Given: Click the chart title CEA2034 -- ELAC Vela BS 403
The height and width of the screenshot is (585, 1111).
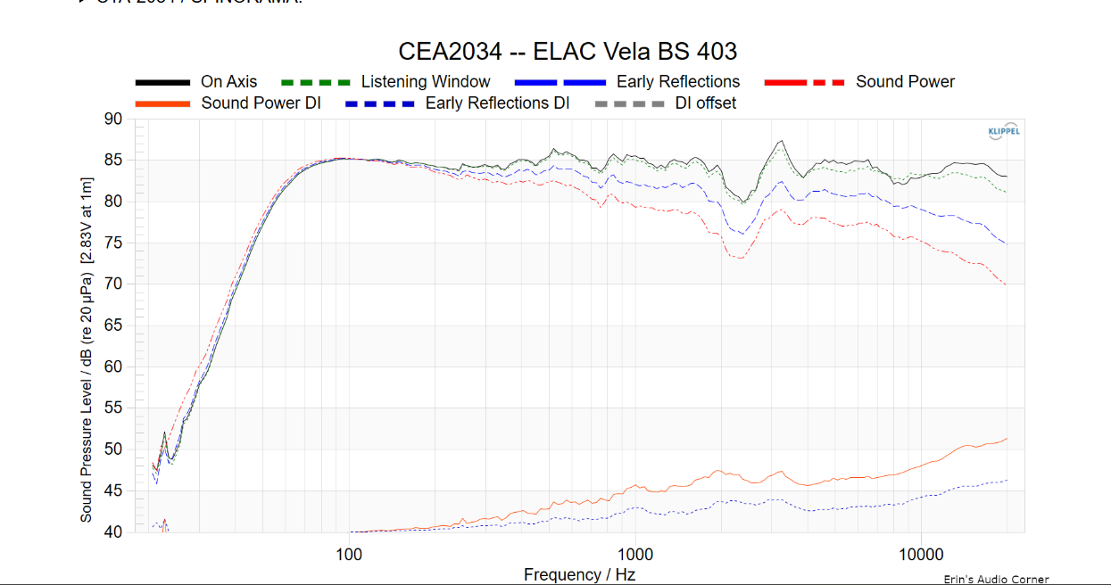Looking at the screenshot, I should tap(568, 51).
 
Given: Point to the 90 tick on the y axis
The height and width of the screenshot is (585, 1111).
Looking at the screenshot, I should tap(113, 119).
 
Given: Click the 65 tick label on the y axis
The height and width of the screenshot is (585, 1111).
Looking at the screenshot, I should tap(113, 325).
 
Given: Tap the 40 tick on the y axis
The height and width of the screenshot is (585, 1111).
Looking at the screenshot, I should tap(113, 532).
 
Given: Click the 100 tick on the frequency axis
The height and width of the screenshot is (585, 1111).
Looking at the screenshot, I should tap(349, 553).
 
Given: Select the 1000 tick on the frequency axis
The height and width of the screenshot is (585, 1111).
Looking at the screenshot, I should tap(634, 553).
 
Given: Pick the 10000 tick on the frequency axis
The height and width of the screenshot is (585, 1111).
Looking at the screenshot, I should tap(920, 553).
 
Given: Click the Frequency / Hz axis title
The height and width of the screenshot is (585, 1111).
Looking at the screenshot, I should tap(579, 575).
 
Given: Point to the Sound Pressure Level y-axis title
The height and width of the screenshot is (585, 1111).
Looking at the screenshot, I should tap(87, 325).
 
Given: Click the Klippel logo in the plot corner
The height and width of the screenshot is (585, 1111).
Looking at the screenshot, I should tap(1004, 132).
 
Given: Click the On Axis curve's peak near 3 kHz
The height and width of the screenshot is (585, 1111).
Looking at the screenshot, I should tap(782, 141).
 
